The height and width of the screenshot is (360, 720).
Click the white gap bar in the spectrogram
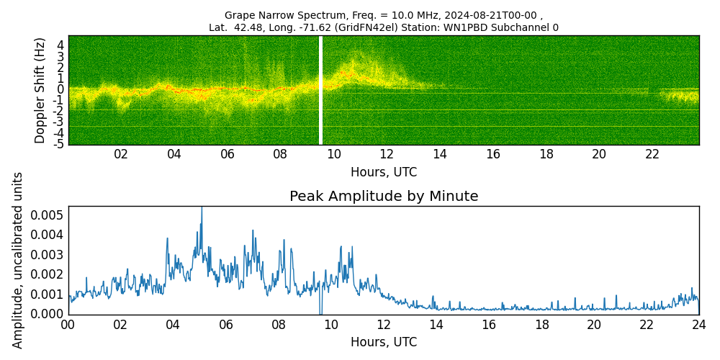pyautogui.click(x=321, y=90)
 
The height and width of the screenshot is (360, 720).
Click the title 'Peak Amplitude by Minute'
pyautogui.click(x=384, y=197)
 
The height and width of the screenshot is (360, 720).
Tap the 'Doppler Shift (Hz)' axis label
pyautogui.click(x=40, y=90)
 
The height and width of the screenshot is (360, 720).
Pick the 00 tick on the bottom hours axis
pyautogui.click(x=68, y=325)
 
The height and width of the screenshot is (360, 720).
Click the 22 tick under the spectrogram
pyautogui.click(x=652, y=154)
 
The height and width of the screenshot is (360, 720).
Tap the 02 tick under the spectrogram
pyautogui.click(x=121, y=154)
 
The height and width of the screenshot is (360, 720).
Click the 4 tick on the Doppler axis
pyautogui.click(x=61, y=45)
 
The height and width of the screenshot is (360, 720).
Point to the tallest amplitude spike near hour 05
pyautogui.click(x=202, y=210)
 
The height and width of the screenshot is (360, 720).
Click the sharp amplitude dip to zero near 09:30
pyautogui.click(x=320, y=312)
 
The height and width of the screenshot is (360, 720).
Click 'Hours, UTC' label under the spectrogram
pyautogui.click(x=384, y=173)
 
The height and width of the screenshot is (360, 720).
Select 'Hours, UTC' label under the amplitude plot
pyautogui.click(x=384, y=343)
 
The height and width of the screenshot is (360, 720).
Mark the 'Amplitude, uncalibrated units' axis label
pyautogui.click(x=18, y=260)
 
